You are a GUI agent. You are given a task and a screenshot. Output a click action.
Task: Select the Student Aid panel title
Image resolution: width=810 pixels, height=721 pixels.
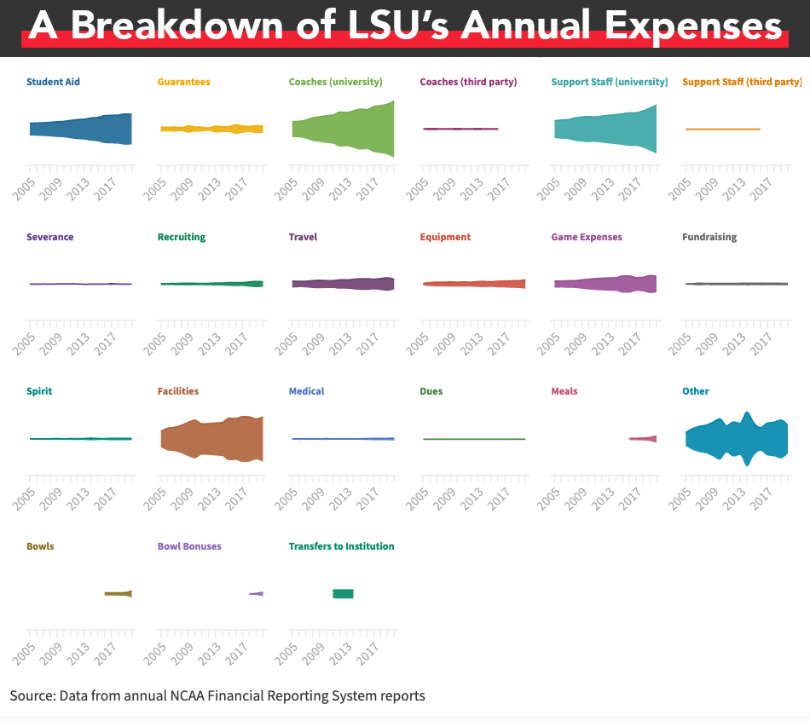[x=53, y=82]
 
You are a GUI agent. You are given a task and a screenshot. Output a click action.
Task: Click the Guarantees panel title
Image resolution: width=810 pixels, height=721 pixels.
[x=183, y=82]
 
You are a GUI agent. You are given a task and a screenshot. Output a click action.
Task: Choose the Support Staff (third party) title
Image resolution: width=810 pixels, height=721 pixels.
[x=742, y=82]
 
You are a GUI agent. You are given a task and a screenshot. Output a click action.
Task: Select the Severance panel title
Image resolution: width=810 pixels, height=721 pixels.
[x=49, y=237]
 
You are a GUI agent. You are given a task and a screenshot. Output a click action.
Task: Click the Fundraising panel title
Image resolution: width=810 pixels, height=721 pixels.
[x=709, y=237]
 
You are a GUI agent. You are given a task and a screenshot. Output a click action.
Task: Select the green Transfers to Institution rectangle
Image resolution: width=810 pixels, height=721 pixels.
[x=343, y=594]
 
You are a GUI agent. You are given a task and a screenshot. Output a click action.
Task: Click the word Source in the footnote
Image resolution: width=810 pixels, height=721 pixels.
[x=32, y=696]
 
